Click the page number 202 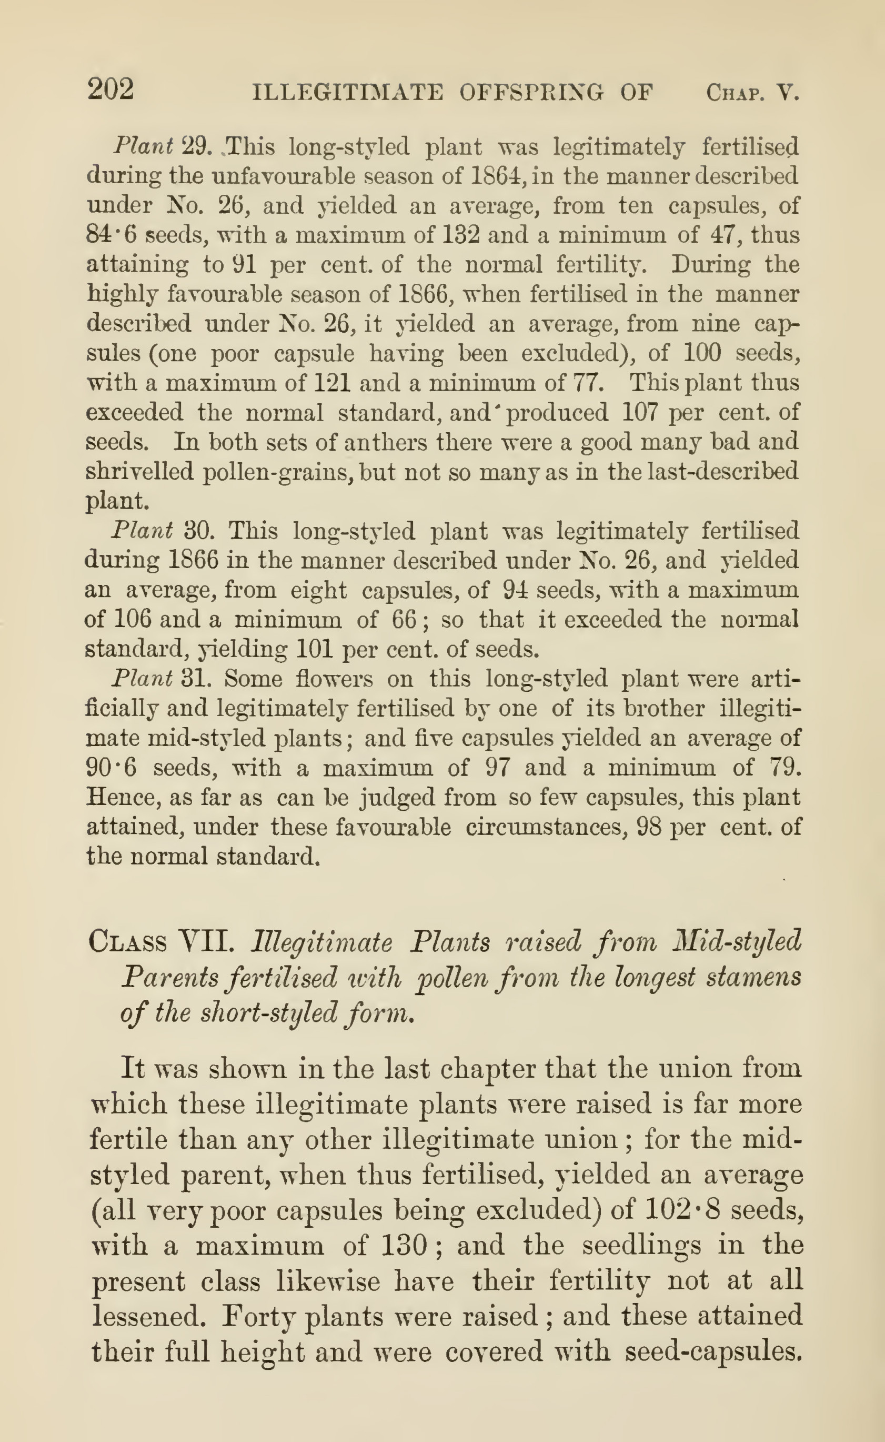point(110,91)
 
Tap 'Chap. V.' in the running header point(752,93)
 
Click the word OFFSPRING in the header point(531,93)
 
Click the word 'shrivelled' point(139,472)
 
